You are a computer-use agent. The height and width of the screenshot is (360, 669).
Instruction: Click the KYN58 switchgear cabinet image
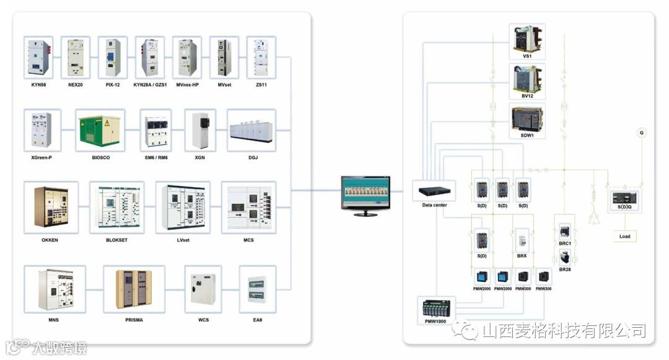coord(38,58)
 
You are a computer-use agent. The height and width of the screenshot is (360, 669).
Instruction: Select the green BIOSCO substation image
coord(100,130)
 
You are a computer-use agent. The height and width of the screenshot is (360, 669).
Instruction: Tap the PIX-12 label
coord(113,84)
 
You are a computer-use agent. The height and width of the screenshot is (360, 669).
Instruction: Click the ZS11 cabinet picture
coord(261,58)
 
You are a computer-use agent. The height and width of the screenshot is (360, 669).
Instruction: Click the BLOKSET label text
coord(116,240)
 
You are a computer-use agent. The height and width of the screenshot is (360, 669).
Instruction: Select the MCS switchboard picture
coord(248,207)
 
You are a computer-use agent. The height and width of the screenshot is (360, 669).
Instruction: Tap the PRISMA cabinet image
coord(134,289)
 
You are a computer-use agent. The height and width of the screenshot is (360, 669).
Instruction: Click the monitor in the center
coord(366,193)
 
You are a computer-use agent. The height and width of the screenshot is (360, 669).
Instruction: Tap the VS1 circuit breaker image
coord(527,38)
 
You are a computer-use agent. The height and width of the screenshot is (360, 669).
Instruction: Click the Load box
coord(624,236)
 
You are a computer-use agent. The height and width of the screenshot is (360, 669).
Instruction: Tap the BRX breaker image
coord(522,240)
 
